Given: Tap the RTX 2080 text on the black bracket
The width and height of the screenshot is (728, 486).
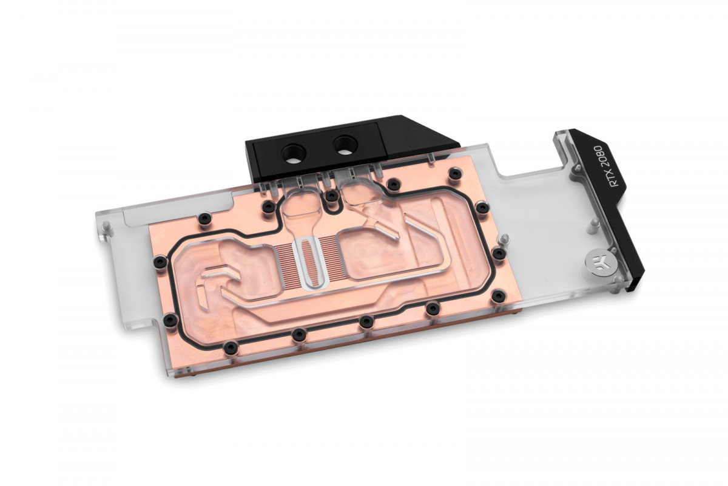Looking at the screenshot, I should pyautogui.click(x=596, y=166).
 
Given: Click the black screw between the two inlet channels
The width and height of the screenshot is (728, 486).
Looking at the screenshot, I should pyautogui.click(x=331, y=196).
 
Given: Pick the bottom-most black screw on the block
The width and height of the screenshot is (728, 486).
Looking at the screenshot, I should pyautogui.click(x=231, y=347).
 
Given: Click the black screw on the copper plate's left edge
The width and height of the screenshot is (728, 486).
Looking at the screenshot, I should pyautogui.click(x=161, y=262).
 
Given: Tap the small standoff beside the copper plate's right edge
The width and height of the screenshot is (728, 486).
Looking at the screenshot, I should pyautogui.click(x=505, y=238).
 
